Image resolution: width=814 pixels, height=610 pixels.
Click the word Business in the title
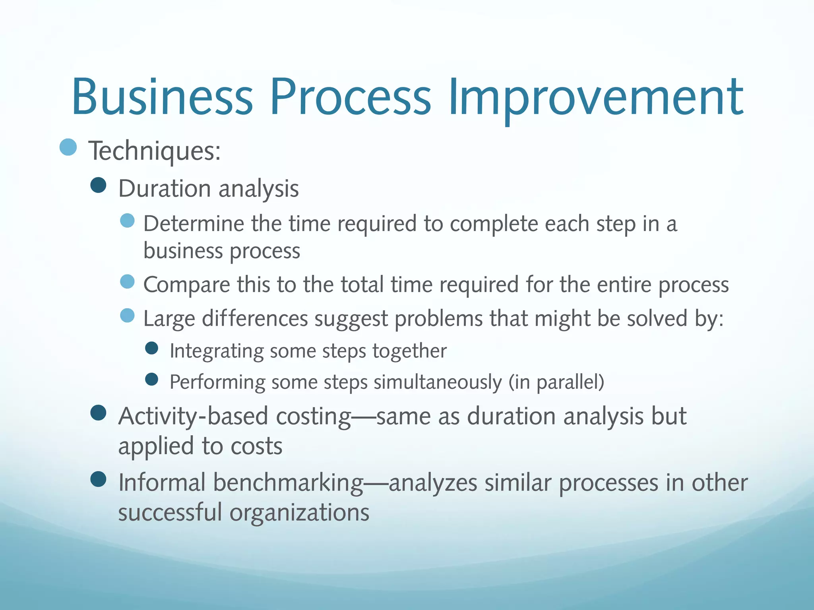[162, 97]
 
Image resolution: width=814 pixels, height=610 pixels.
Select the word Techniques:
[155, 151]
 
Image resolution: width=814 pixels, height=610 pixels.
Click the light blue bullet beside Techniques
[68, 147]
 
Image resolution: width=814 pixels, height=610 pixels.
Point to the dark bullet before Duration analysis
[98, 185]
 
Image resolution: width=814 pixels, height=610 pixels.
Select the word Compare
[186, 285]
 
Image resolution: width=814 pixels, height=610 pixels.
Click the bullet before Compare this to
[127, 282]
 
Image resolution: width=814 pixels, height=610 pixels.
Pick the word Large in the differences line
[169, 319]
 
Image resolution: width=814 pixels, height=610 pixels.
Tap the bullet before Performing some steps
[152, 379]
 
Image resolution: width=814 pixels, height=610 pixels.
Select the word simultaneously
[438, 382]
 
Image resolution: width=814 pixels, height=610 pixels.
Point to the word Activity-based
[193, 417]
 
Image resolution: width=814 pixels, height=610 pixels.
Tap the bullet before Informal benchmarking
[98, 479]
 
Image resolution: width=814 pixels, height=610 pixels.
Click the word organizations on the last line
[299, 512]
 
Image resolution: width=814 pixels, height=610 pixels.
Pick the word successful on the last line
[170, 512]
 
